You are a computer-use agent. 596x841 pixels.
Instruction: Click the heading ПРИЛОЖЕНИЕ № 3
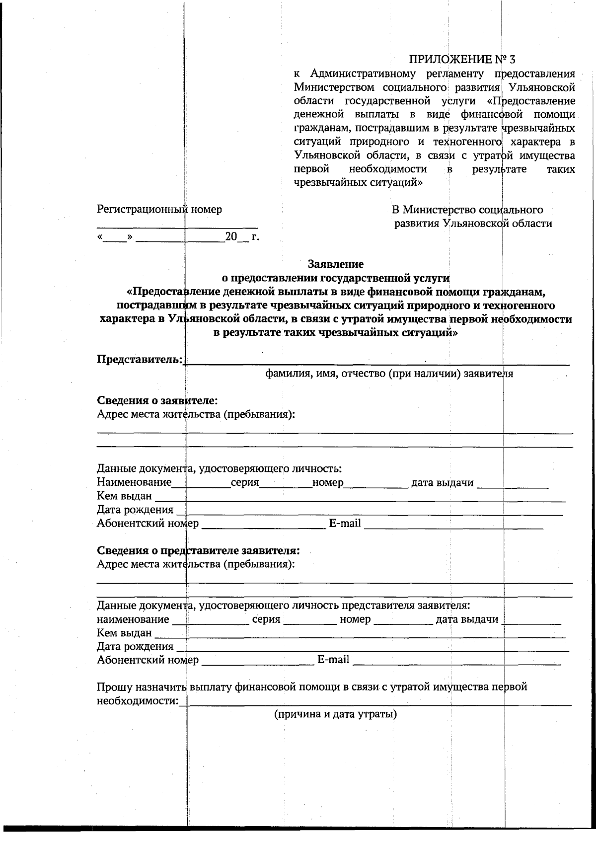tap(462, 60)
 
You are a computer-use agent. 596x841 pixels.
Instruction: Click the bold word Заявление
tap(335, 264)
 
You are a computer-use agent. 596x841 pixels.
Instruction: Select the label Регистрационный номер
tap(159, 210)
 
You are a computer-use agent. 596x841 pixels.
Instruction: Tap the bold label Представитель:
tap(139, 359)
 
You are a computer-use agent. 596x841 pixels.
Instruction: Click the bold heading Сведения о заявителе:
tap(157, 400)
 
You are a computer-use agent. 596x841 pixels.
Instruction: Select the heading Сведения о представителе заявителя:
tap(198, 550)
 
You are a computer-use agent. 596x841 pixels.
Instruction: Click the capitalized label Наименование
tap(134, 482)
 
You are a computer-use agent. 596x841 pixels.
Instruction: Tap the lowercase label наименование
tap(133, 619)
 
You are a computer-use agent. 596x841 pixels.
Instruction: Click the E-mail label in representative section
tap(333, 660)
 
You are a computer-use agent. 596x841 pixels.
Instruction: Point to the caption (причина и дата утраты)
tap(335, 714)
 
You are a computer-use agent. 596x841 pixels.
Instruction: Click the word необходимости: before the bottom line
tap(137, 701)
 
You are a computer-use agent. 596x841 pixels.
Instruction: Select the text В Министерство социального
tap(467, 210)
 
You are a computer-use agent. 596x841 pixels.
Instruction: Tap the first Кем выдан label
tap(124, 496)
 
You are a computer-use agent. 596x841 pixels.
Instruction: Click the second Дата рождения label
tap(135, 647)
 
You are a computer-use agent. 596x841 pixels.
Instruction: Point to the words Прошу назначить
tap(141, 688)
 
